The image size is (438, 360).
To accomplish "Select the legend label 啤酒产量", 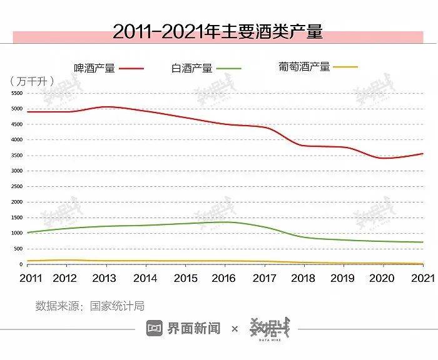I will tap(94, 68).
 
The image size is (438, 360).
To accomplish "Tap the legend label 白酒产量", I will tap(192, 68).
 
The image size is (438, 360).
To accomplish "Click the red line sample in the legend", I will tap(131, 68).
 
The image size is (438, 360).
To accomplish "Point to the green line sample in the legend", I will tap(228, 68).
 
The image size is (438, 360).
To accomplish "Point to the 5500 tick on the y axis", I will tap(16, 93).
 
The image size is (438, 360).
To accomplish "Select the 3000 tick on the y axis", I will tap(16, 171).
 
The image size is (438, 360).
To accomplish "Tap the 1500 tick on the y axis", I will tap(16, 217).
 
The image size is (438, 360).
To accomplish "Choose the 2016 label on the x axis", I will tap(226, 277).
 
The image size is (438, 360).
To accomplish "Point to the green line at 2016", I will tap(226, 222).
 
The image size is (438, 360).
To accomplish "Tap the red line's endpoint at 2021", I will tap(423, 154).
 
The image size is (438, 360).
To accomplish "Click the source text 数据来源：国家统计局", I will tap(89, 306).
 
